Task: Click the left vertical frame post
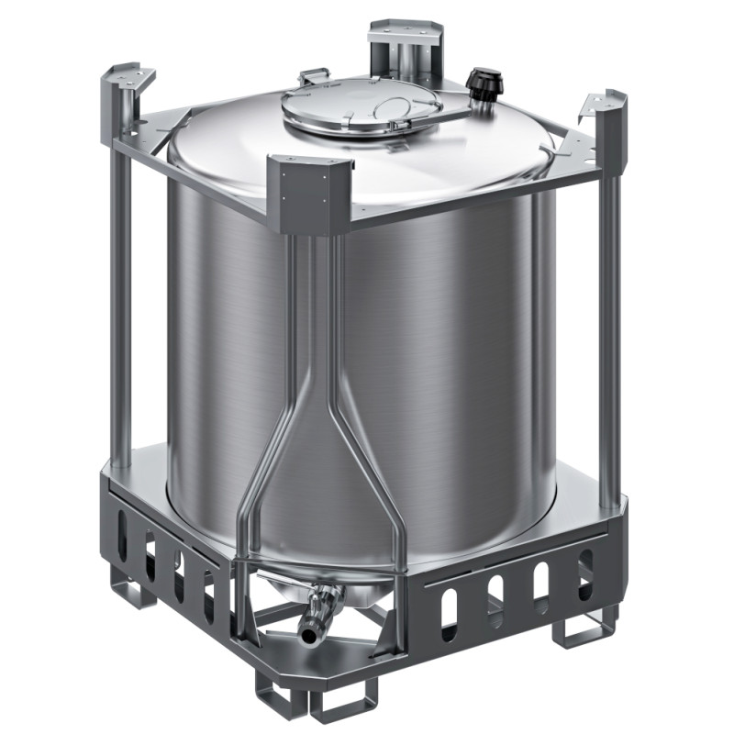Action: pos(120,303)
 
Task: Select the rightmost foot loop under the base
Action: pos(583,630)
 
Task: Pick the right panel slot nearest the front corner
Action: pos(449,620)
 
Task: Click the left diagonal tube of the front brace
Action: pos(271,459)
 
